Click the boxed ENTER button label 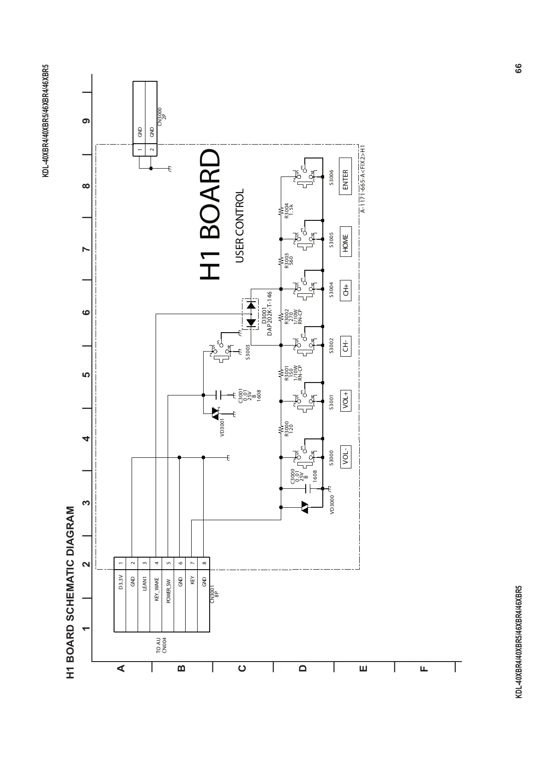point(345,176)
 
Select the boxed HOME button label point(345,242)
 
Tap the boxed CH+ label point(345,290)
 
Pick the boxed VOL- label point(345,457)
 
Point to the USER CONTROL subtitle point(239,226)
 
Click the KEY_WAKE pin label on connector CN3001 point(156,589)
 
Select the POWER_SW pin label point(168,591)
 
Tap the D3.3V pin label point(120,582)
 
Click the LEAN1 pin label point(144,583)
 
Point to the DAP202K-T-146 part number point(270,313)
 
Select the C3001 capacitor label point(240,395)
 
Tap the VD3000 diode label point(332,504)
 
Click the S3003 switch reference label point(248,352)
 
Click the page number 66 point(518,67)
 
